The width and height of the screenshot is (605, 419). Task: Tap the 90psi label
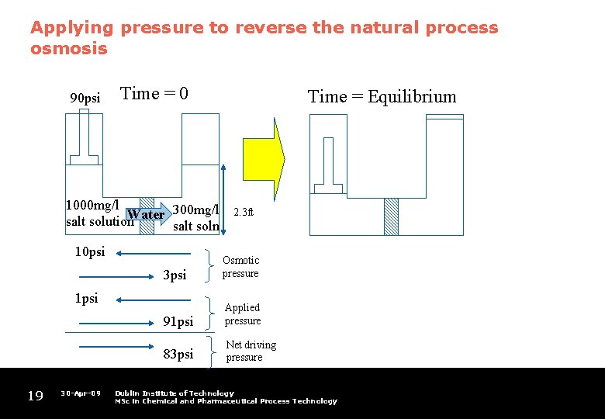(x=85, y=99)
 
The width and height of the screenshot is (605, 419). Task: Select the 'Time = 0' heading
(x=154, y=94)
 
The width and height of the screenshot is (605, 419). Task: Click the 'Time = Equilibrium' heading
(x=382, y=97)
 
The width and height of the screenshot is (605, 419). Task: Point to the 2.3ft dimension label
(x=244, y=212)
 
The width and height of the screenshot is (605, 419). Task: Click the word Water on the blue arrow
(x=146, y=214)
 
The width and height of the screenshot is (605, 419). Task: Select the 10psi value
(x=89, y=252)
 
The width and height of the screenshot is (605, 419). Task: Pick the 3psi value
(x=175, y=275)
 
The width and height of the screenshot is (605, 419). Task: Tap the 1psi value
(x=86, y=298)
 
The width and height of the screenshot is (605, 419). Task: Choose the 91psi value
(x=178, y=320)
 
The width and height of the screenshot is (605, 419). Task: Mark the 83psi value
(x=178, y=355)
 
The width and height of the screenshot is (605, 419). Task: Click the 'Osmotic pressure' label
(x=240, y=267)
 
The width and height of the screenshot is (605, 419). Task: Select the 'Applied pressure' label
(x=243, y=314)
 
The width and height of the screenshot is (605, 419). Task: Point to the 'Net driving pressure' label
(x=251, y=351)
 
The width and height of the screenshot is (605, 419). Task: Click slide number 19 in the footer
(x=35, y=396)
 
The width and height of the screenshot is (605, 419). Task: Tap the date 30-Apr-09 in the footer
(x=81, y=393)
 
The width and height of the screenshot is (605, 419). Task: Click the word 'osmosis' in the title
(x=68, y=49)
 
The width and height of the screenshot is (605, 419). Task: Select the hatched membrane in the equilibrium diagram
(x=391, y=216)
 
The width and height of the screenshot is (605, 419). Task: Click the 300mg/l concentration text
(x=195, y=209)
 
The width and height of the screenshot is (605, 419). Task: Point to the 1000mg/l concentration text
(x=92, y=206)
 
